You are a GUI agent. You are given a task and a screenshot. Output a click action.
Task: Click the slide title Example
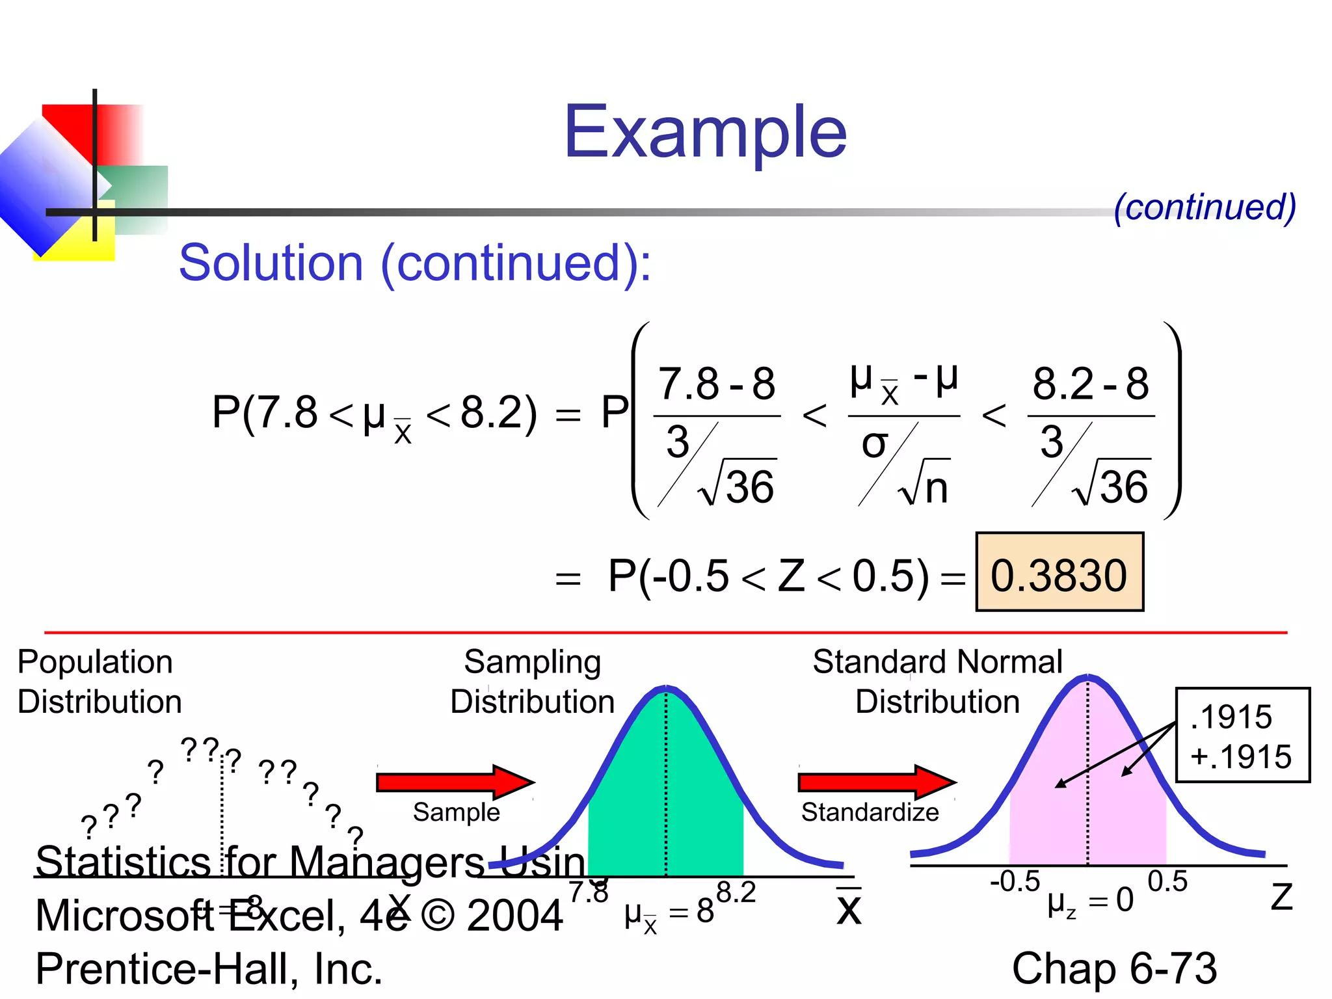pos(705,133)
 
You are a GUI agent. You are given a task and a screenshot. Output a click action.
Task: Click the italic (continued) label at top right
pos(1205,207)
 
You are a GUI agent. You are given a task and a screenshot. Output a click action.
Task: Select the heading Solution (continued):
pos(415,263)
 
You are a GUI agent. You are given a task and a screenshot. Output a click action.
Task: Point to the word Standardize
pos(870,812)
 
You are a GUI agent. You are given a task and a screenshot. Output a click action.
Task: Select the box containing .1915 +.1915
pos(1242,736)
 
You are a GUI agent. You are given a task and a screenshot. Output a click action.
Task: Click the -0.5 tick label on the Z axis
pos(1015,882)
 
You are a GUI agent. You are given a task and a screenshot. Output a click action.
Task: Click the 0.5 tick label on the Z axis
pos(1167,882)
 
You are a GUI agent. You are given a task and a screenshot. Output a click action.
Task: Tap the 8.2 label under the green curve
pos(736,892)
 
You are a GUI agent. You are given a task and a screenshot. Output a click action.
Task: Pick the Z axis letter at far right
pos(1281,898)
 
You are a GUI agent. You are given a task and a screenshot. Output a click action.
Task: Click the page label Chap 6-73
pos(1114,968)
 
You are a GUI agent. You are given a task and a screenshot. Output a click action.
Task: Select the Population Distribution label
pos(99,682)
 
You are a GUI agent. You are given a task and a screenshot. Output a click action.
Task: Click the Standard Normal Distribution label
pos(937,682)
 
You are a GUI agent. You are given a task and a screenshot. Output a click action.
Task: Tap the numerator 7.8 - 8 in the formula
pos(717,384)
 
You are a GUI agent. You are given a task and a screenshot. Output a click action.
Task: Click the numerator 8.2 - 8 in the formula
pos(1091,384)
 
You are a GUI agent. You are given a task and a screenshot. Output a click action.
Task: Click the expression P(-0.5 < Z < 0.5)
pos(768,576)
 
